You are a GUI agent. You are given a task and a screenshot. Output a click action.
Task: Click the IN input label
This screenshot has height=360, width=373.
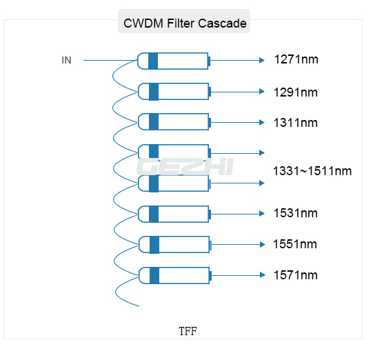[66, 60]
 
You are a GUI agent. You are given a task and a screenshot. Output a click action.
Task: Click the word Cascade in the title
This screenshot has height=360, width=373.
[222, 23]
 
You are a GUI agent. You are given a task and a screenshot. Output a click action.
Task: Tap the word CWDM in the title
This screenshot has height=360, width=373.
[143, 23]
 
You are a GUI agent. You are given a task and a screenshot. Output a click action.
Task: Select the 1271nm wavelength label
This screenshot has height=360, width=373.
[296, 59]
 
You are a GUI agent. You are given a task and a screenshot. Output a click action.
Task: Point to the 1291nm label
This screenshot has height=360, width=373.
[296, 92]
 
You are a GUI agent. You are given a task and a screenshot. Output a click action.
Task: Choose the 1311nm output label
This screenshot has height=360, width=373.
[296, 123]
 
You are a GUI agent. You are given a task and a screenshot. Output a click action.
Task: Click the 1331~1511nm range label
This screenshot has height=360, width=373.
[312, 171]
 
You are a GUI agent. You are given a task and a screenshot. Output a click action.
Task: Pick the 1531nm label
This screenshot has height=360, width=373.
[296, 213]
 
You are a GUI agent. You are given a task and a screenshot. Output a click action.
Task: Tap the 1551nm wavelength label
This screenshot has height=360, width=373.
[295, 244]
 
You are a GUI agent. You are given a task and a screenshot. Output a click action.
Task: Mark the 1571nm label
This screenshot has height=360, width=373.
[296, 275]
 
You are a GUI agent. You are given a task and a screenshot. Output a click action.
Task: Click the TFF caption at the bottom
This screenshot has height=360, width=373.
[188, 331]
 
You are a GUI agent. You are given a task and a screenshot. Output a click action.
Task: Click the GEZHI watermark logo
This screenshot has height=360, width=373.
[185, 167]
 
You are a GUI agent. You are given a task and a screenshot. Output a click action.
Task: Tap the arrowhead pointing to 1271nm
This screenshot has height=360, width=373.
[262, 61]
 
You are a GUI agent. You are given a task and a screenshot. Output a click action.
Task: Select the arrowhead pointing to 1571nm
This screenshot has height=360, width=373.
[263, 275]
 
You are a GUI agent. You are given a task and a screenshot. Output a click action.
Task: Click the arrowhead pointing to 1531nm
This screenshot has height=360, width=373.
[262, 214]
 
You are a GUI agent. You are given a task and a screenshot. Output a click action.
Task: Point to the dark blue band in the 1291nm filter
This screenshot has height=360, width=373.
[154, 92]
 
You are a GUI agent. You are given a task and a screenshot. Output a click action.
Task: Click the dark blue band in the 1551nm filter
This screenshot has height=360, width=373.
[154, 245]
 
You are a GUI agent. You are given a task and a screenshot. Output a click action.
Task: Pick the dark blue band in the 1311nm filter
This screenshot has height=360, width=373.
[154, 122]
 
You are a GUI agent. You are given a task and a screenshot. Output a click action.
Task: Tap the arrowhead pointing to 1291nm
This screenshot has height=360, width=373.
[262, 92]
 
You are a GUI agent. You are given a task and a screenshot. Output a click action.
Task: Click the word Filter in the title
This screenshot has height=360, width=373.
[181, 23]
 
